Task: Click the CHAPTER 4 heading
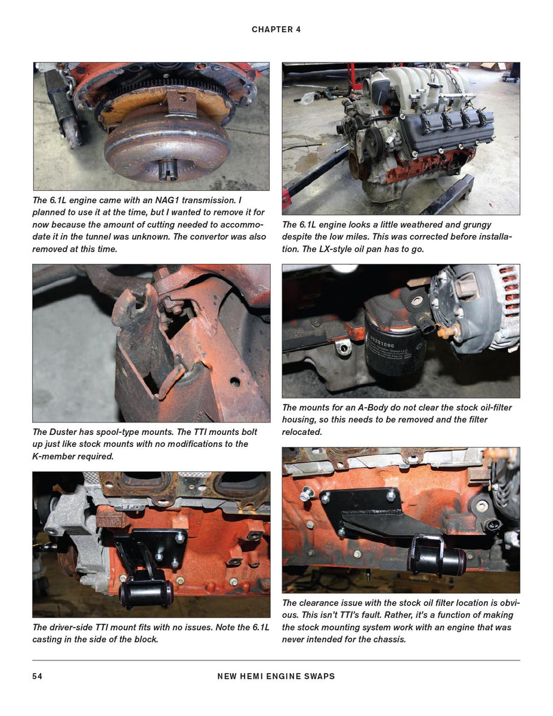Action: click(276, 29)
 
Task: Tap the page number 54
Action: click(37, 676)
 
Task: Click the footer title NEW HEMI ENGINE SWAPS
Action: click(276, 676)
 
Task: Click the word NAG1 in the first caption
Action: click(171, 200)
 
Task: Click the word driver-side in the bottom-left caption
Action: click(72, 627)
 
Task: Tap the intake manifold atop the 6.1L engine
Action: click(412, 89)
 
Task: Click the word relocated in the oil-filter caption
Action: click(302, 431)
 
